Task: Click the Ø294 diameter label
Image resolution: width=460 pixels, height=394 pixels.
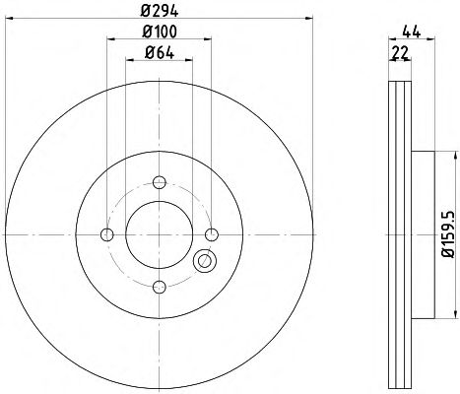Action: (160, 12)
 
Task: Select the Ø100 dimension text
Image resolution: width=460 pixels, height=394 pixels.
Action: (160, 32)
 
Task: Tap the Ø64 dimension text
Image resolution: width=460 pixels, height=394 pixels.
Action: (160, 53)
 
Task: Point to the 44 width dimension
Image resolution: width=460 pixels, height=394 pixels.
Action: (412, 33)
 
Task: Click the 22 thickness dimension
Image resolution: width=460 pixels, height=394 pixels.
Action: (400, 53)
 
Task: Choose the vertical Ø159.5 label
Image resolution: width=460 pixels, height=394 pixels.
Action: (448, 234)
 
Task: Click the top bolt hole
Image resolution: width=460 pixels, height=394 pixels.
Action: (160, 182)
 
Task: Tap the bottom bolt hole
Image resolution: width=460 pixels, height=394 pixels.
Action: (160, 287)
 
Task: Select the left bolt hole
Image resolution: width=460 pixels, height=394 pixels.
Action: (107, 234)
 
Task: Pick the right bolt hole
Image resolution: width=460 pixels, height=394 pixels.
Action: (212, 234)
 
